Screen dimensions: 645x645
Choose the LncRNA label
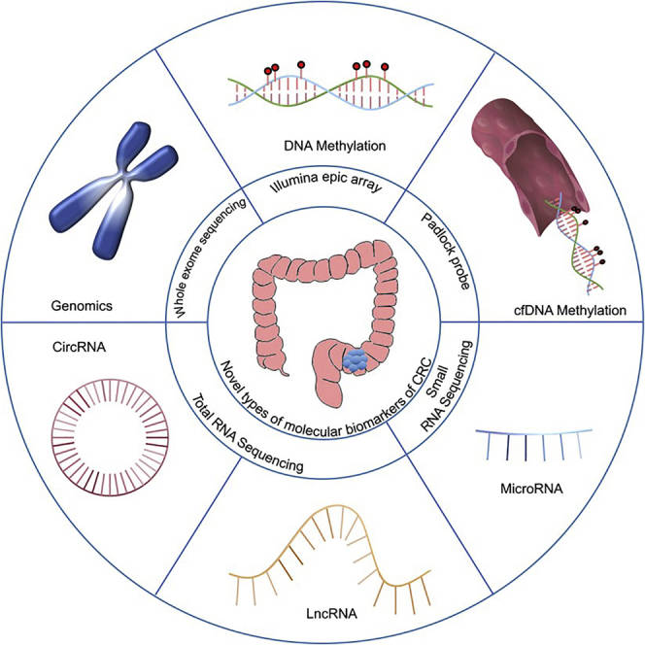click(319, 615)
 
